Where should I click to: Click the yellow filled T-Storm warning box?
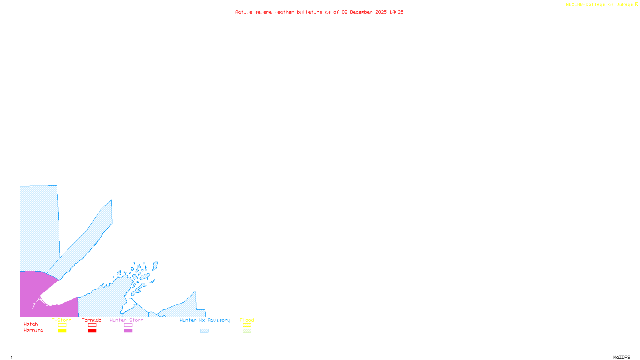pyautogui.click(x=62, y=331)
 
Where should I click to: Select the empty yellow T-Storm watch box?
pyautogui.click(x=62, y=325)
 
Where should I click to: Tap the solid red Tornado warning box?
pyautogui.click(x=92, y=331)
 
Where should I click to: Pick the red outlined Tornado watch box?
pyautogui.click(x=92, y=325)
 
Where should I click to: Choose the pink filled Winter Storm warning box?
pyautogui.click(x=128, y=331)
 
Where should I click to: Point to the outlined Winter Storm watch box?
pyautogui.click(x=128, y=325)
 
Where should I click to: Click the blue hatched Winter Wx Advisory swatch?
pyautogui.click(x=204, y=331)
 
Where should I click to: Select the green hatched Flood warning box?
pyautogui.click(x=247, y=331)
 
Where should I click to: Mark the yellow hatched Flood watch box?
pyautogui.click(x=247, y=325)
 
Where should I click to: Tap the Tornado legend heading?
pyautogui.click(x=92, y=320)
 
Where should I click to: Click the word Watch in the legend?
pyautogui.click(x=31, y=324)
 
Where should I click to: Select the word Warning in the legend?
pyautogui.click(x=33, y=330)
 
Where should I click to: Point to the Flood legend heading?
pyautogui.click(x=247, y=320)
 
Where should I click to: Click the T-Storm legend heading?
pyautogui.click(x=62, y=320)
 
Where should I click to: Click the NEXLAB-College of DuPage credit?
pyautogui.click(x=600, y=5)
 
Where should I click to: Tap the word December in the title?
pyautogui.click(x=361, y=12)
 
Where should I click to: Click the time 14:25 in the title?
pyautogui.click(x=396, y=12)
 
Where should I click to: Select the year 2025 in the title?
pyautogui.click(x=381, y=12)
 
